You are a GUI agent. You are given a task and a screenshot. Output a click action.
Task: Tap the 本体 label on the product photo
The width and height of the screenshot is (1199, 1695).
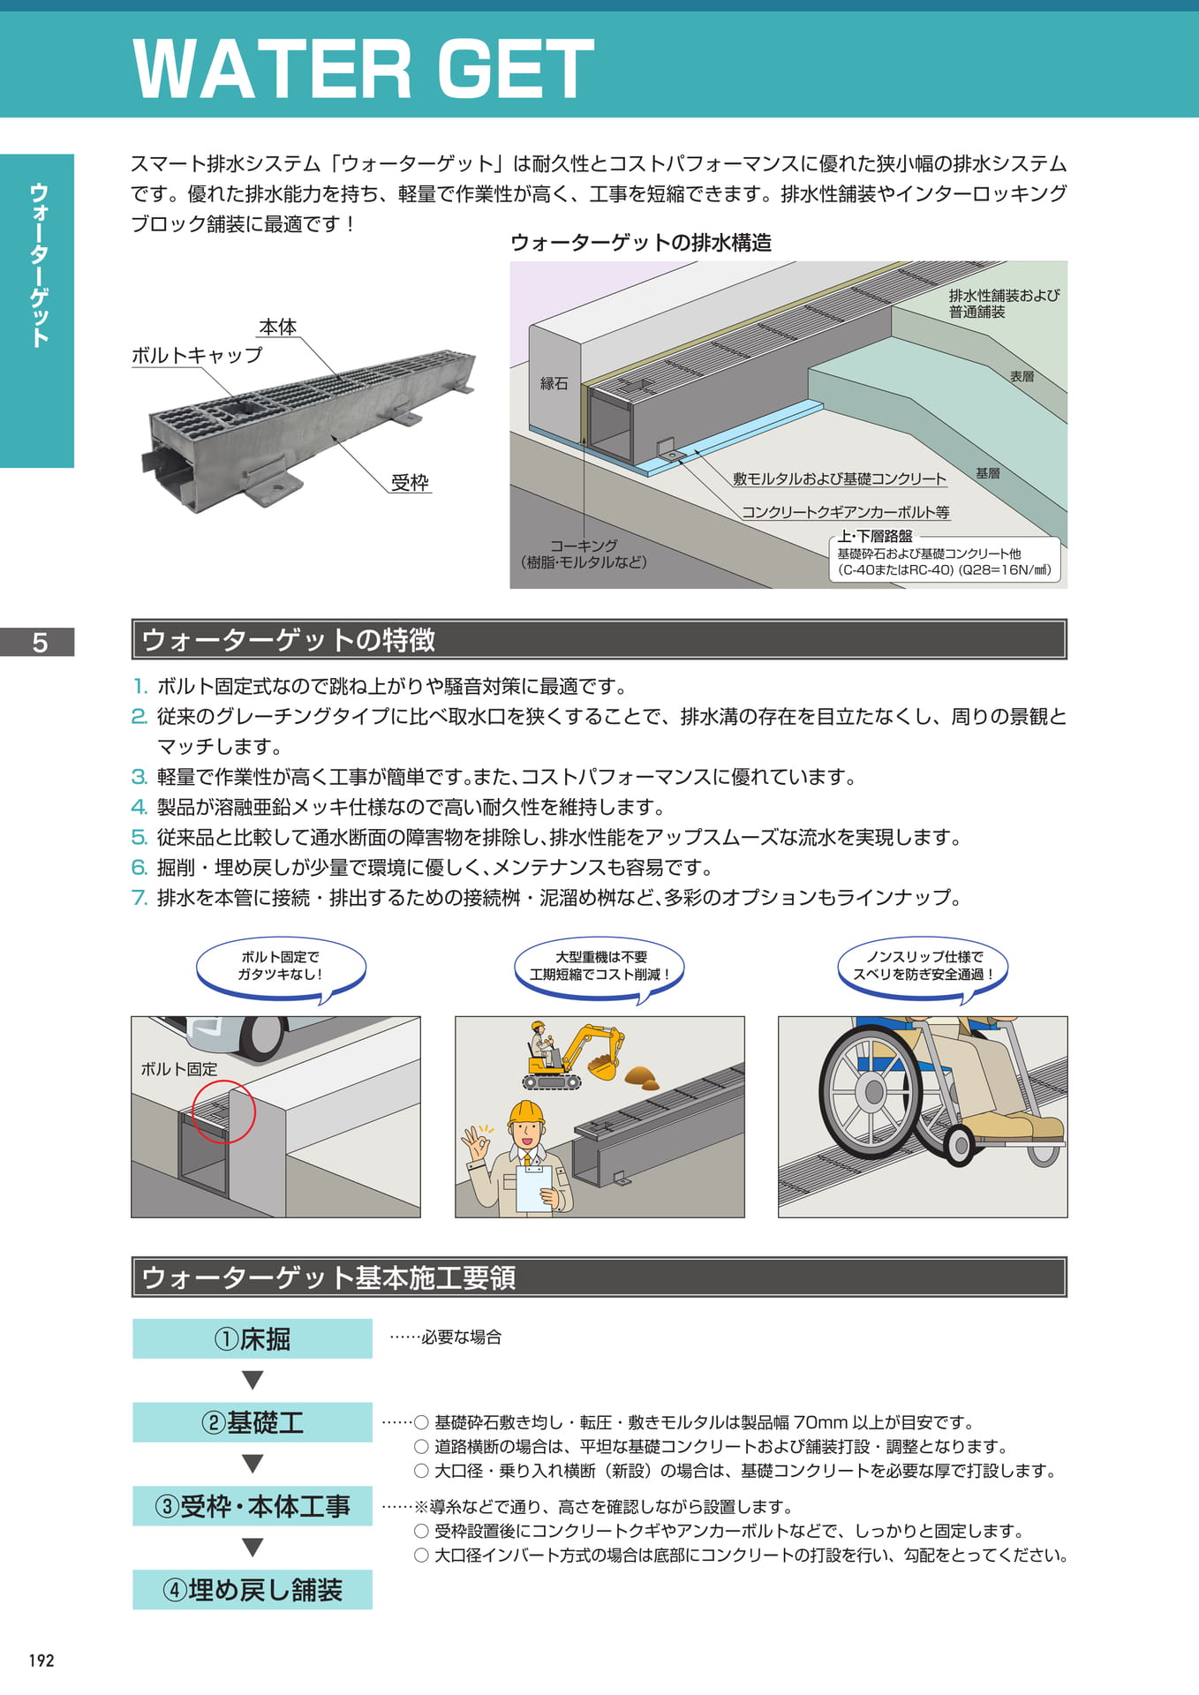(277, 328)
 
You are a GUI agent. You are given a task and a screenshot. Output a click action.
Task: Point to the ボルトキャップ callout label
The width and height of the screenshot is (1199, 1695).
(197, 356)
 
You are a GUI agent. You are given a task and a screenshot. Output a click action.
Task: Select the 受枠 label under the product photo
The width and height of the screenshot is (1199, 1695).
(410, 483)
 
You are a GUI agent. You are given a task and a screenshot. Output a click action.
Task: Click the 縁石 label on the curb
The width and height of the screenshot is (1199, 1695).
(554, 384)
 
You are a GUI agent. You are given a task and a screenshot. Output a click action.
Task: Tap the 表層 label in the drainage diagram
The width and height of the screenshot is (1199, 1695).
(1022, 377)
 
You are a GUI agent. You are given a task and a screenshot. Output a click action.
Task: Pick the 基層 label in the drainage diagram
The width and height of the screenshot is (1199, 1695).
(988, 474)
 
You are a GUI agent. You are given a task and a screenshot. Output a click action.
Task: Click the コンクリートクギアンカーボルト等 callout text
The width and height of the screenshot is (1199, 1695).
(845, 512)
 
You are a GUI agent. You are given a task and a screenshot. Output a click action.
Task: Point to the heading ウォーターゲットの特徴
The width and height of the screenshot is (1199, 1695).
(288, 640)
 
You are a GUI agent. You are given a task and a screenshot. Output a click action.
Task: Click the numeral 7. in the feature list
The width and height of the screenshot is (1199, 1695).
(139, 898)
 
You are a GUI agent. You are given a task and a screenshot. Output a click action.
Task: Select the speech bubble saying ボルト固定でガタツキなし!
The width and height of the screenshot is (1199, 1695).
(281, 968)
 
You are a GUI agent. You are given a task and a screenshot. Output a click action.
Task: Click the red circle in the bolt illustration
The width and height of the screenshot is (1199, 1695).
(224, 1111)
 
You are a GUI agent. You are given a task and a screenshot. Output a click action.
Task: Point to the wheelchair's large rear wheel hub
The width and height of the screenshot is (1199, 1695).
(873, 1092)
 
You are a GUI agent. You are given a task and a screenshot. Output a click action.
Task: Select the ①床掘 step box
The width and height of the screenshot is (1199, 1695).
(253, 1339)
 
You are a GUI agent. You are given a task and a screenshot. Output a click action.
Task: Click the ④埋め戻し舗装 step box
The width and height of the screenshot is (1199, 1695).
(253, 1590)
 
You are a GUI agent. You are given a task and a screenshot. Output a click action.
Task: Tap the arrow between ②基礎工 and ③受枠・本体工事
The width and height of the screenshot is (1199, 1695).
(253, 1464)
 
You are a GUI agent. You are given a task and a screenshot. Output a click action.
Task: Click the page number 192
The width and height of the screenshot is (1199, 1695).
(41, 1661)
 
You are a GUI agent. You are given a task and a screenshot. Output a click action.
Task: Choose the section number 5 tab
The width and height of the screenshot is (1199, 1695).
(40, 642)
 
